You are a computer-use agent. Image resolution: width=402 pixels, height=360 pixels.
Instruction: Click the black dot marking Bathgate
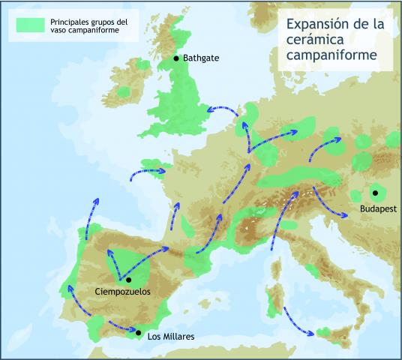click(x=176, y=58)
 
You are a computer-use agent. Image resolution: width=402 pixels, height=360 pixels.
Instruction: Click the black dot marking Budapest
click(x=375, y=193)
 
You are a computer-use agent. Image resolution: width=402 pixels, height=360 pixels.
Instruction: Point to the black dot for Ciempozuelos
click(x=129, y=279)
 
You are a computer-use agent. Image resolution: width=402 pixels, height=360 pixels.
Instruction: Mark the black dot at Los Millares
click(x=138, y=331)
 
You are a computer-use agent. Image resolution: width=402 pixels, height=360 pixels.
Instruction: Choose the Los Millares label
click(x=170, y=337)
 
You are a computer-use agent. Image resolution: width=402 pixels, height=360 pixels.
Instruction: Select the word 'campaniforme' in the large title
click(x=331, y=55)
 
